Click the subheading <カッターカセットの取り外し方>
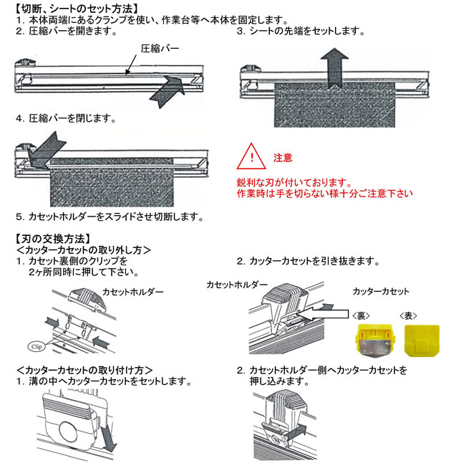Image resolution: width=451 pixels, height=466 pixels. click(x=83, y=249)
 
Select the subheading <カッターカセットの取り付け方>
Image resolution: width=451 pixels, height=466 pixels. click(x=84, y=370)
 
